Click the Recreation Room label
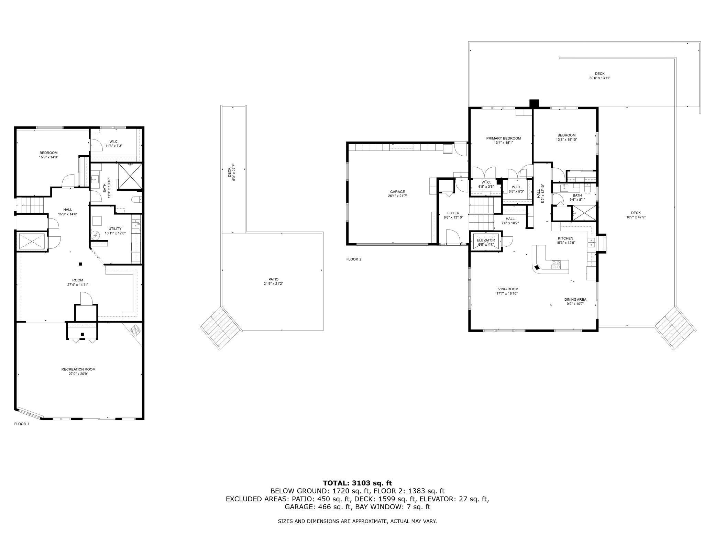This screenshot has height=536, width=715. click(x=78, y=369)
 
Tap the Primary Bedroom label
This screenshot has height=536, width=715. click(x=503, y=138)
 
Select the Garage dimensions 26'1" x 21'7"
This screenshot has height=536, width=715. click(x=397, y=196)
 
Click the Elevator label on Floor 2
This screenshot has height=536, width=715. click(x=486, y=240)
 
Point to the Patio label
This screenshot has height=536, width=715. click(x=273, y=279)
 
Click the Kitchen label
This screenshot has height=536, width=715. click(x=565, y=238)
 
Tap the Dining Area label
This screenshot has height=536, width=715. click(x=575, y=300)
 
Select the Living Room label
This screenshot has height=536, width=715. click(x=507, y=289)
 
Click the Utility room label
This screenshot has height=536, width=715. click(x=115, y=229)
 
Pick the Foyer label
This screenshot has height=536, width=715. click(x=453, y=213)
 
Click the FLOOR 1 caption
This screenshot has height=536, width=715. click(x=22, y=424)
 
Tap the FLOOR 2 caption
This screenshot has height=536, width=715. click(x=354, y=259)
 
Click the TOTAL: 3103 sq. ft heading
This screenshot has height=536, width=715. click(x=357, y=483)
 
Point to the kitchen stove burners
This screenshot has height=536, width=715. click(x=556, y=265)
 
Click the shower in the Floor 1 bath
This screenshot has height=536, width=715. click(x=130, y=176)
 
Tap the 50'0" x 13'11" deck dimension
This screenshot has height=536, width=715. click(x=600, y=78)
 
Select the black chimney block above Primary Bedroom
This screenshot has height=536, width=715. click(x=534, y=103)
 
